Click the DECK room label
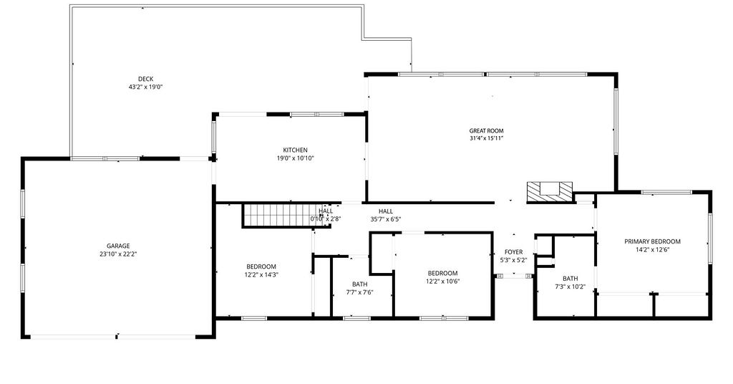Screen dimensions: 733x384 coord(145,79)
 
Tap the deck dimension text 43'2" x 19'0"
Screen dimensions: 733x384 coord(145,87)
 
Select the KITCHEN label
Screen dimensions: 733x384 coord(296,150)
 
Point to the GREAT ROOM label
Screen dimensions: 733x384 coord(486,131)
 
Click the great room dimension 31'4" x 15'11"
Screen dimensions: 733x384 coord(486,138)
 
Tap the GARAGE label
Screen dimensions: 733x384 coord(118,246)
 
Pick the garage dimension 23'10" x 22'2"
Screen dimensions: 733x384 coord(118,254)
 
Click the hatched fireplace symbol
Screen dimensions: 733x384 coord(550,192)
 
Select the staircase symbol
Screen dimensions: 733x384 coord(285,216)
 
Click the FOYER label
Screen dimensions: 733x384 coord(513,252)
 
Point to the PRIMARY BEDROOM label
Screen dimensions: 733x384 coord(652,241)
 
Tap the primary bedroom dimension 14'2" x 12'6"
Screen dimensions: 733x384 coord(652,249)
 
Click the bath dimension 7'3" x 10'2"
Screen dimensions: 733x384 coord(571,287)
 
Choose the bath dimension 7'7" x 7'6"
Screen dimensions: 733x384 coord(359,292)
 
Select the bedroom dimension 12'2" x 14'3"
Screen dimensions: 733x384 coord(261,274)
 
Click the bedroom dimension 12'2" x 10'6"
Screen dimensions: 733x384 coord(442,281)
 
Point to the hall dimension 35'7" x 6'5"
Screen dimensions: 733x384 coord(386,219)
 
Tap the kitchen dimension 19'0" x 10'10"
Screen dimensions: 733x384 coord(296,158)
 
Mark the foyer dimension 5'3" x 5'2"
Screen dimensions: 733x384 coord(513,260)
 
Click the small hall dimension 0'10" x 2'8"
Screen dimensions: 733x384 coord(326,219)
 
